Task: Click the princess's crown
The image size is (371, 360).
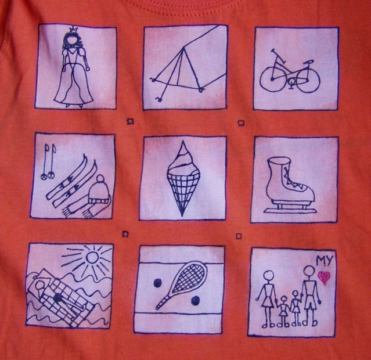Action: tap(73, 31)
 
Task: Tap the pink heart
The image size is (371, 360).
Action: tap(324, 277)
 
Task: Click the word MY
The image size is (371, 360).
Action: tap(325, 260)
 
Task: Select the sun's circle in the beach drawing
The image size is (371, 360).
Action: tap(92, 257)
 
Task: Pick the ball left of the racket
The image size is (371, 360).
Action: tap(157, 283)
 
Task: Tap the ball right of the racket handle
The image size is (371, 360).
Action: tap(195, 301)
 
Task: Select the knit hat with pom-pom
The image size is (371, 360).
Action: tap(99, 189)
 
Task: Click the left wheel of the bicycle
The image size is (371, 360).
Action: tap(272, 79)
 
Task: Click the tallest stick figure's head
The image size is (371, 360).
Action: tap(308, 271)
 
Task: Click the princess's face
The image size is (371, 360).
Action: tap(72, 43)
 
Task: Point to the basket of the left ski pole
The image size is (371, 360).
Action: tap(43, 177)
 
